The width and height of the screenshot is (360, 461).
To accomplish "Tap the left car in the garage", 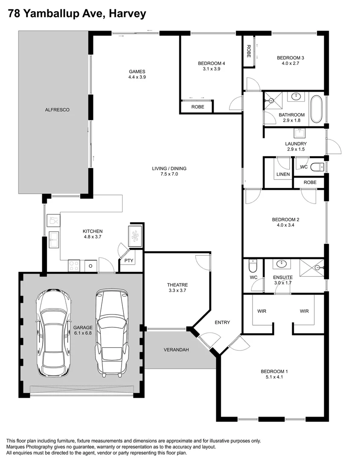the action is click(53, 332).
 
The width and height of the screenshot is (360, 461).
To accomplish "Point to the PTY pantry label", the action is click(129, 260).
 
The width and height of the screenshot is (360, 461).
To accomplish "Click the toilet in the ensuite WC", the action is click(253, 266).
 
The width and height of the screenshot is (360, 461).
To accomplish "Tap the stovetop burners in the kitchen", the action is click(74, 266).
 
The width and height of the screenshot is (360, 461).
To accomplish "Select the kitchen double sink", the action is click(54, 239).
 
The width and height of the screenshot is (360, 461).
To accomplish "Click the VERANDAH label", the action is click(176, 350).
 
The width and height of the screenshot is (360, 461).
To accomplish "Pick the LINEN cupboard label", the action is click(283, 174).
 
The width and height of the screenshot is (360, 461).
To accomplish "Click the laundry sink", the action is click(299, 133).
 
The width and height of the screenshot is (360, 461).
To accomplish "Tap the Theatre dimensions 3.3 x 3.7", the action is click(177, 290).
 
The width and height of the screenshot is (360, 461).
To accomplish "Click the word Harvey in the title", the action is click(128, 14).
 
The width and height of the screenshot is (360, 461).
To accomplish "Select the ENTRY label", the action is click(222, 322).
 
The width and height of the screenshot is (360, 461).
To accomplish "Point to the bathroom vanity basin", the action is click(296, 96).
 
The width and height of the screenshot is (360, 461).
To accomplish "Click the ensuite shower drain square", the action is click(317, 268).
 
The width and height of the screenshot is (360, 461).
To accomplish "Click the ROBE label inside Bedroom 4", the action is click(197, 107).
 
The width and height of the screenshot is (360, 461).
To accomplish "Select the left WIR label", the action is click(261, 311).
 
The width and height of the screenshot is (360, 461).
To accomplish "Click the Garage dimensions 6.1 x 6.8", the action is click(83, 333).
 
